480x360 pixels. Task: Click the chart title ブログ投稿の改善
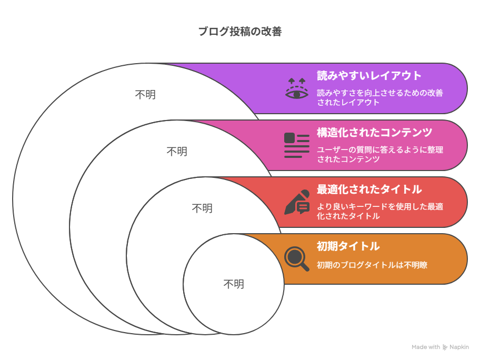click(240, 32)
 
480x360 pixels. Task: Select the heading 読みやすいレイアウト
click(369, 76)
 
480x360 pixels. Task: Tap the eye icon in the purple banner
click(297, 88)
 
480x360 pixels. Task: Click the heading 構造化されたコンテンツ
click(374, 133)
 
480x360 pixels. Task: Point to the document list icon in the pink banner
click(297, 145)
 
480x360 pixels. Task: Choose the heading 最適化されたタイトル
click(369, 189)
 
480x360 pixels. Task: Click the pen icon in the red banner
click(297, 202)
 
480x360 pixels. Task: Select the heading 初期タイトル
click(348, 246)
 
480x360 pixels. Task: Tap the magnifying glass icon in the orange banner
click(297, 258)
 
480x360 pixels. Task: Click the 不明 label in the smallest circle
click(234, 284)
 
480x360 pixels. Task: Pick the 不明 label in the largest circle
click(145, 95)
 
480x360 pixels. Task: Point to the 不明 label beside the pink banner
click(177, 152)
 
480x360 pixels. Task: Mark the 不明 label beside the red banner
click(202, 208)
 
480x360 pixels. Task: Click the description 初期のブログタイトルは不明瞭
click(372, 265)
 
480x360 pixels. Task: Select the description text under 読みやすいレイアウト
click(380, 97)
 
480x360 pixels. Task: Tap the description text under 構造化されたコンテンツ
click(380, 154)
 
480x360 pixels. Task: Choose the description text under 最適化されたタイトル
click(380, 211)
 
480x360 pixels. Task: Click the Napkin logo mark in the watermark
click(445, 347)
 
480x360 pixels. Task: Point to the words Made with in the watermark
click(425, 347)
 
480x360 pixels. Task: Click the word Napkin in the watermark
click(459, 347)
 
